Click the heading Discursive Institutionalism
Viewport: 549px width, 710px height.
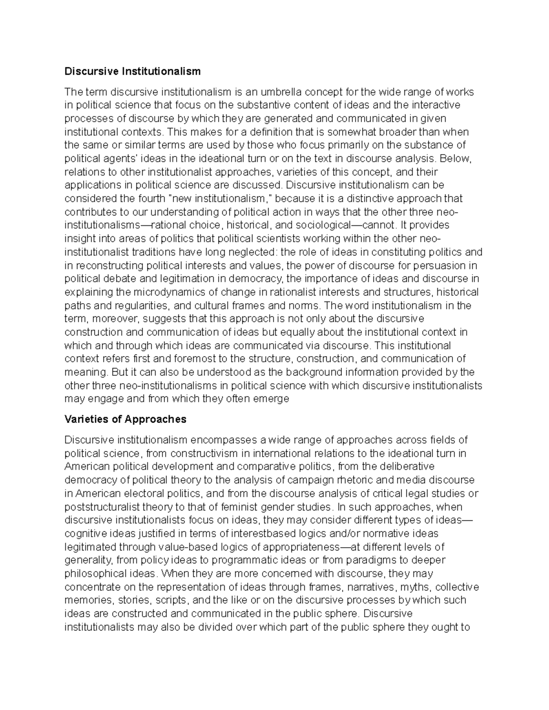click(132, 71)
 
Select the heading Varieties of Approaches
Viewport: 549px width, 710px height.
click(125, 419)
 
